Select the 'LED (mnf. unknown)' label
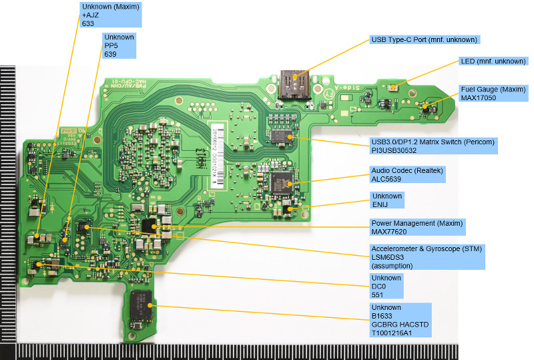[493, 61]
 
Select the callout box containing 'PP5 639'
[119, 45]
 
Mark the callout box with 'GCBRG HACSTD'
[400, 319]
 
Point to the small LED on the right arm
[395, 86]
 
